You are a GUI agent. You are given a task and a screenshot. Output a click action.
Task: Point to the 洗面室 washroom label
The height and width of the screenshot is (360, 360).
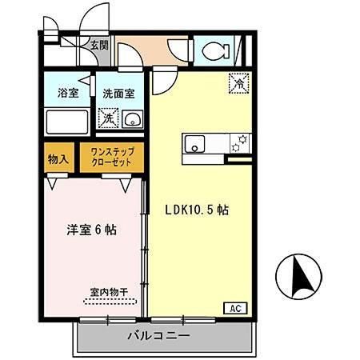[119, 93]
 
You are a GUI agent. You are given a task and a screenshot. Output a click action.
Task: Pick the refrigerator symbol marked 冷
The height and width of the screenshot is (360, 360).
[238, 81]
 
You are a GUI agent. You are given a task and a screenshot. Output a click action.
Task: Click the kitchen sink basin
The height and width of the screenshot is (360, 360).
[194, 145]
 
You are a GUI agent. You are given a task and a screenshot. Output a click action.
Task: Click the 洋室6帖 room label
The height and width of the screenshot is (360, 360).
[91, 230]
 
